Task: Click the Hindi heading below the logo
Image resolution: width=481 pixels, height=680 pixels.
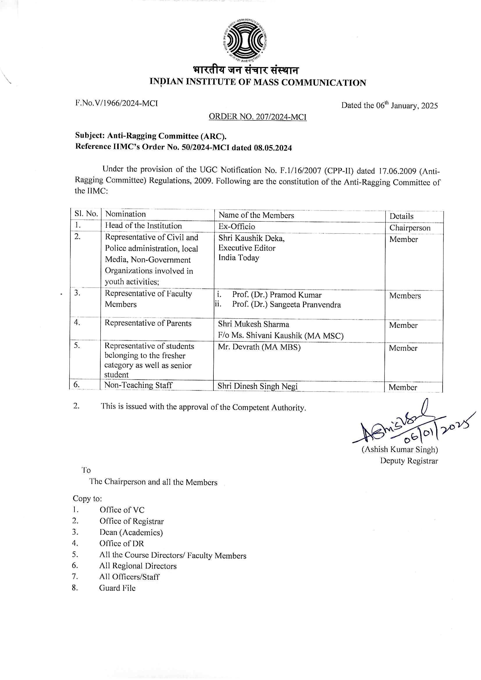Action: (x=246, y=70)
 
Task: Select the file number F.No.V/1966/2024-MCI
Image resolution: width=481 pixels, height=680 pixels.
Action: (x=116, y=103)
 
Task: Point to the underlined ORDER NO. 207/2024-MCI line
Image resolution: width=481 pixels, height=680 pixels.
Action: (x=257, y=117)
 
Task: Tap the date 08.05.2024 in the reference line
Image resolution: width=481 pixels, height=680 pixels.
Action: (x=272, y=147)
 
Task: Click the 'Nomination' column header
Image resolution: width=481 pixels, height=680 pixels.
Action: (x=126, y=214)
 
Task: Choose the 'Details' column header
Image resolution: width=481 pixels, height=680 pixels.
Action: (x=401, y=216)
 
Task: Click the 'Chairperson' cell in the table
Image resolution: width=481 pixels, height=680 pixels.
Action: (x=410, y=228)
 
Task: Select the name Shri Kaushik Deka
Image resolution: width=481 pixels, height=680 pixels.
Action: (x=251, y=238)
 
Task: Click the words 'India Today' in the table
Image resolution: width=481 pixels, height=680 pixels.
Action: (x=239, y=258)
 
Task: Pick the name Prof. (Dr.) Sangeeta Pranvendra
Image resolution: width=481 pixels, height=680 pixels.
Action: (x=286, y=305)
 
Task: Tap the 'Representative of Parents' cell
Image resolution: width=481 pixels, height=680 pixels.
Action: (x=148, y=323)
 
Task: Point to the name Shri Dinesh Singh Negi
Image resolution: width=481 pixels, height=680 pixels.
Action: (x=257, y=386)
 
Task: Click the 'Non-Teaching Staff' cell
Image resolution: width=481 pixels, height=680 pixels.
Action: (x=138, y=385)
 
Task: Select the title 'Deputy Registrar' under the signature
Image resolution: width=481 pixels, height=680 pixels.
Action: (x=409, y=461)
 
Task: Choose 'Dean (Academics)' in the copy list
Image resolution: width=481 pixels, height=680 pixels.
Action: (x=131, y=533)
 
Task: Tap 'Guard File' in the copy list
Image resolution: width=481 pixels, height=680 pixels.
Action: (x=117, y=588)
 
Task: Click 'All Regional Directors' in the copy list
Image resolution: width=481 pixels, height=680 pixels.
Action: (x=138, y=566)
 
